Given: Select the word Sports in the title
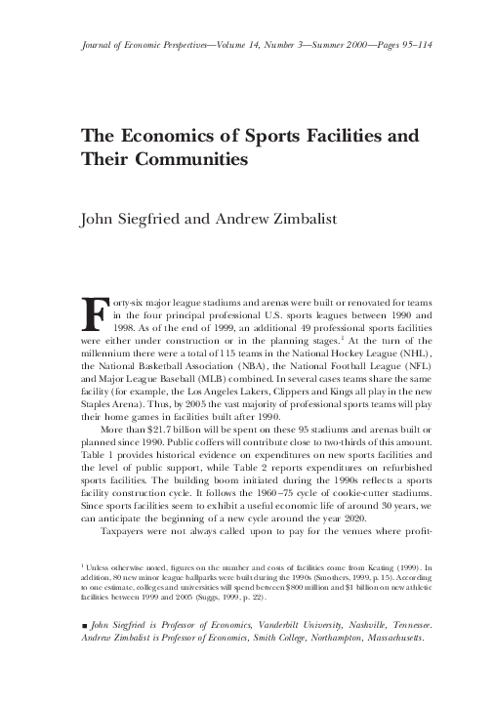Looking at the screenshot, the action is [x=239, y=134].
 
